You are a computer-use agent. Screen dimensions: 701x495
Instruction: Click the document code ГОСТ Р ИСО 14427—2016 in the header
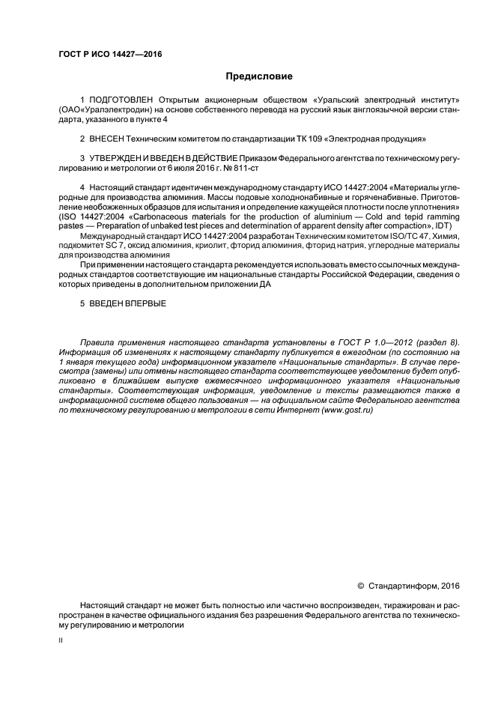(x=110, y=55)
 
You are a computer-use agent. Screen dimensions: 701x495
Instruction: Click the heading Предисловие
(x=259, y=76)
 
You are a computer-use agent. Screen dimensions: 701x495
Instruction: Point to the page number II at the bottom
(x=60, y=641)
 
